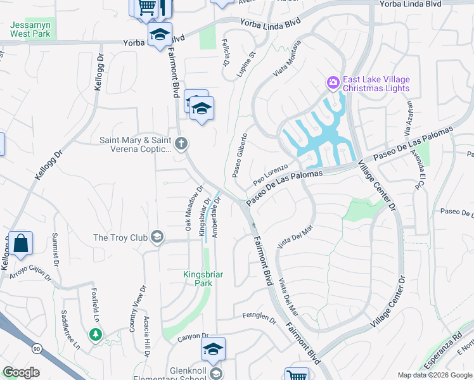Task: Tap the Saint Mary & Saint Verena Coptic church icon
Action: tap(181, 143)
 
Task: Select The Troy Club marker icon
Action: tap(157, 238)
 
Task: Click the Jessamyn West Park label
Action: tap(31, 28)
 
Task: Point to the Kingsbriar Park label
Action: tap(203, 279)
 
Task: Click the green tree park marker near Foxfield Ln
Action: tap(96, 334)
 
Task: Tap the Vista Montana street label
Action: tap(286, 60)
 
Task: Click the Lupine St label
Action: tap(246, 65)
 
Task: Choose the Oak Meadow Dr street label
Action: tap(193, 208)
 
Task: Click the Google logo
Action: tap(21, 372)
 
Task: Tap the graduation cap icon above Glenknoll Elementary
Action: tap(214, 349)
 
